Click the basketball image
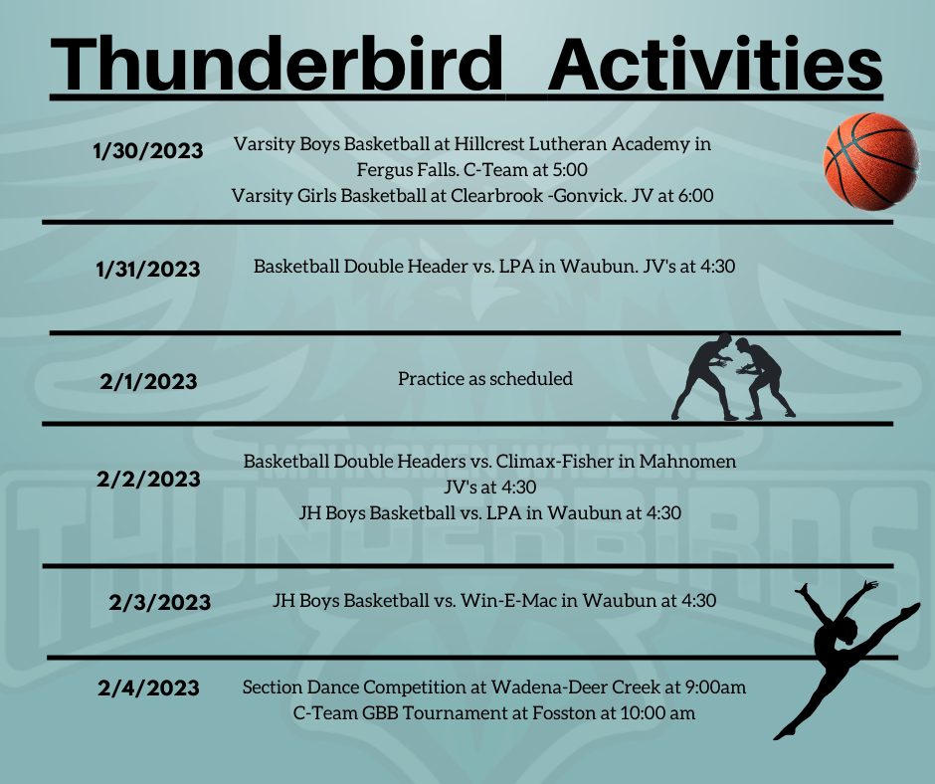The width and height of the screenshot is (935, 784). coord(871,162)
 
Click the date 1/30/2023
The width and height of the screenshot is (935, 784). coord(148,151)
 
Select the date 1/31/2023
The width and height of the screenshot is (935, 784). coord(148,269)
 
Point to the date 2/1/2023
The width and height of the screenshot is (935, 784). coord(148,382)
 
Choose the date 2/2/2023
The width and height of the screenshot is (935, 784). coord(148,480)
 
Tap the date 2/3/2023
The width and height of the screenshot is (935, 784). coord(160,603)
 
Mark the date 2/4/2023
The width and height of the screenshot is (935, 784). coord(148,687)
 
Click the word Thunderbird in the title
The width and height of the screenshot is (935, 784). coord(278,64)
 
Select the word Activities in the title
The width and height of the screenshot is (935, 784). coord(715,64)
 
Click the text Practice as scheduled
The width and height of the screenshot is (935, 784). coord(485,379)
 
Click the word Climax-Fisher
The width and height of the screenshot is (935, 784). coord(554,462)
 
